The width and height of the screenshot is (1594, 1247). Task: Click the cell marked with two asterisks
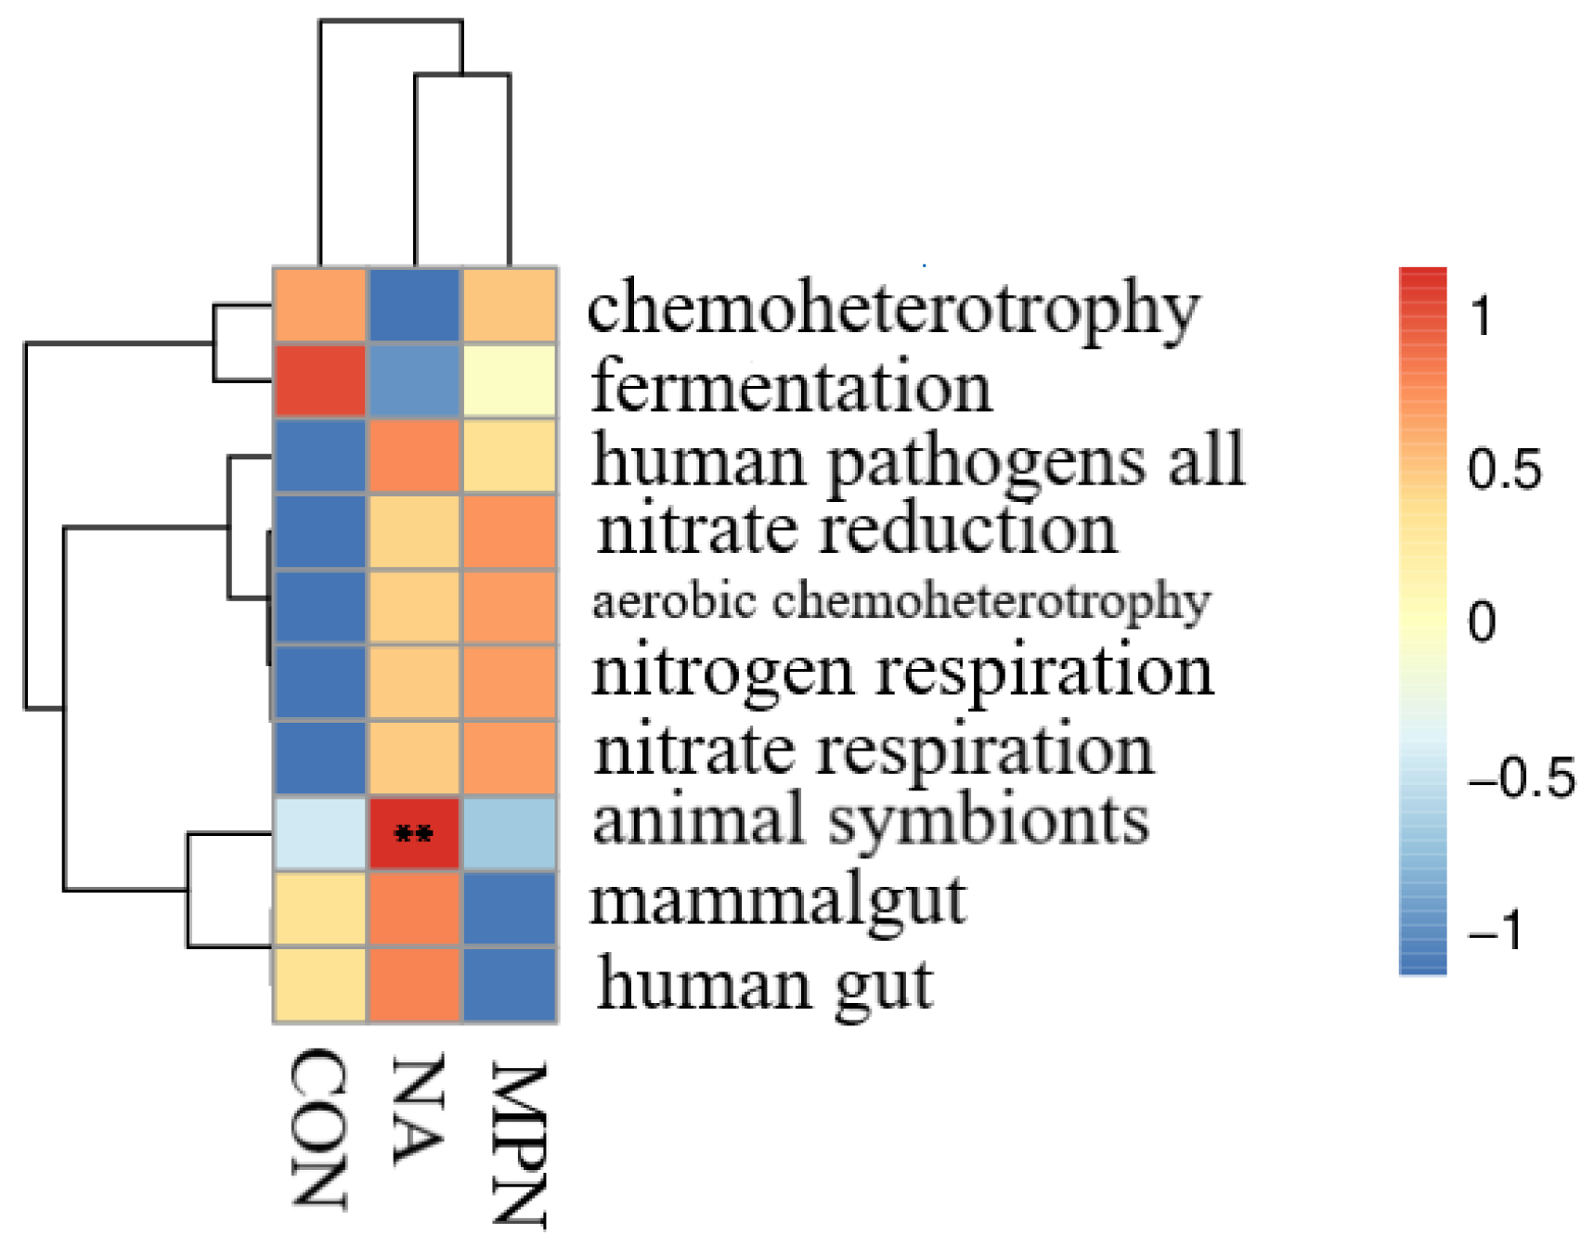tap(414, 833)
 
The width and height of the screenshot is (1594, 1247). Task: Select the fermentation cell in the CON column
tap(319, 381)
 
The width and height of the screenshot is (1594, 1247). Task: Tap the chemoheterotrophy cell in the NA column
tap(414, 305)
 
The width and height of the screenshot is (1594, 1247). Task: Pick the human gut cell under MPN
tap(510, 984)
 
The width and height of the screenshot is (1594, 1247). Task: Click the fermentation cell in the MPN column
tap(510, 381)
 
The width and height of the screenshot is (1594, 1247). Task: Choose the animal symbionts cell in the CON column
tap(319, 833)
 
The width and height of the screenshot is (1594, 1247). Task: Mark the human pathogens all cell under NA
tap(414, 456)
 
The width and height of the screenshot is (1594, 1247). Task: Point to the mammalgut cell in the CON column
tap(319, 908)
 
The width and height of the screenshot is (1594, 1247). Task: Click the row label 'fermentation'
tap(791, 387)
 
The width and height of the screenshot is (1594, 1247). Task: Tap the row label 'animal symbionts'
tap(871, 822)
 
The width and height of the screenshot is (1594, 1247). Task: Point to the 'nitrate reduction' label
tap(856, 531)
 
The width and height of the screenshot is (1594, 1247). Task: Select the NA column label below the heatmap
tap(417, 1110)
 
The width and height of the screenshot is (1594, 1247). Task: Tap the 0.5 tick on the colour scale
tap(1504, 469)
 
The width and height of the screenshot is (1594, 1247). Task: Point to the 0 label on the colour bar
tap(1482, 621)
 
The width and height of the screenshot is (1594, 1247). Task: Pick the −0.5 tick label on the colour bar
tap(1521, 778)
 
